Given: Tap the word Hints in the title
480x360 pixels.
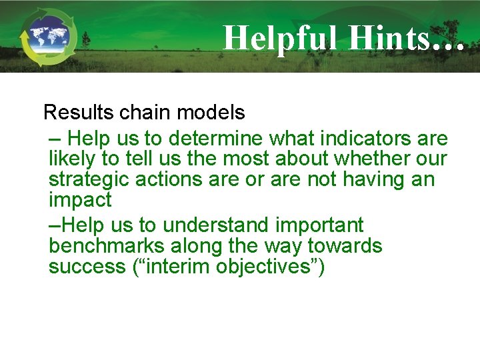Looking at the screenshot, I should tap(387, 37).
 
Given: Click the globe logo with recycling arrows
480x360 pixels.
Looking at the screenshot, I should tap(48, 37).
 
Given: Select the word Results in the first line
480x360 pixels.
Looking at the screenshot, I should tap(79, 113).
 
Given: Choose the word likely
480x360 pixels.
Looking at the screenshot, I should tap(73, 159).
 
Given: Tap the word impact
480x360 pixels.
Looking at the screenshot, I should tap(80, 200).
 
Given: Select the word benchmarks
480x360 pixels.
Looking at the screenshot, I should tap(105, 246).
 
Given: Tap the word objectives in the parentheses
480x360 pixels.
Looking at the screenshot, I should tap(264, 267).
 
